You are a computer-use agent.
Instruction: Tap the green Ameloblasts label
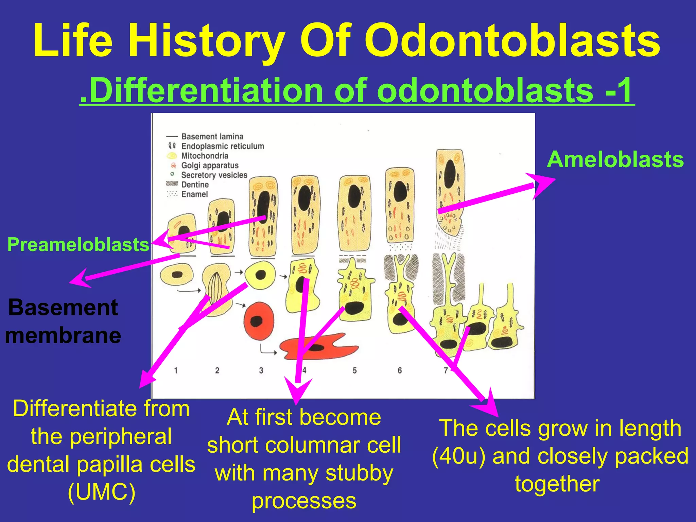[615, 159]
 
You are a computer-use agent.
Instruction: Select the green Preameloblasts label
[78, 244]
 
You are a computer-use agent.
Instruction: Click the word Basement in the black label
[63, 308]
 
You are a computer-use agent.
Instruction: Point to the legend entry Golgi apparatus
[210, 166]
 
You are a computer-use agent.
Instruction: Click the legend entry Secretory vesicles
[214, 175]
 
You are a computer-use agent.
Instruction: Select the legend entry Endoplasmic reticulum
[222, 146]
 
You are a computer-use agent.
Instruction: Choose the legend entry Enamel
[194, 194]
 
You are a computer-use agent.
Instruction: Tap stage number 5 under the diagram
[354, 370]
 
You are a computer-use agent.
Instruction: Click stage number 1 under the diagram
[176, 370]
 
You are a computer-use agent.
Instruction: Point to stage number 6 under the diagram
[400, 370]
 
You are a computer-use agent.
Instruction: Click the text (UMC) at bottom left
[102, 492]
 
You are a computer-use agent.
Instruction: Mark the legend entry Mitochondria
[205, 156]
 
